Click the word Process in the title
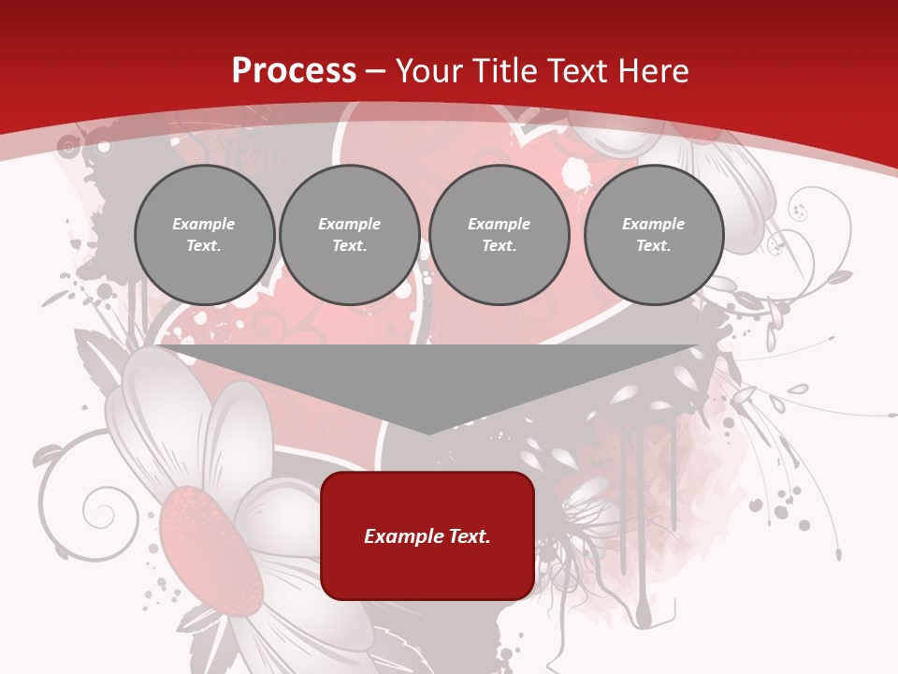point(294,70)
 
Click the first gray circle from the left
point(204,235)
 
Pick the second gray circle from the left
point(350,235)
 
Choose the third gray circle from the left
point(499,235)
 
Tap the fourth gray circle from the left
point(654,235)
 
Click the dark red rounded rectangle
point(427,535)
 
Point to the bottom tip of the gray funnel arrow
point(428,432)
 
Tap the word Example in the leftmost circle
point(204,224)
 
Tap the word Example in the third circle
point(499,224)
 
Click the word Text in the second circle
point(348,246)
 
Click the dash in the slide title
point(376,70)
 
